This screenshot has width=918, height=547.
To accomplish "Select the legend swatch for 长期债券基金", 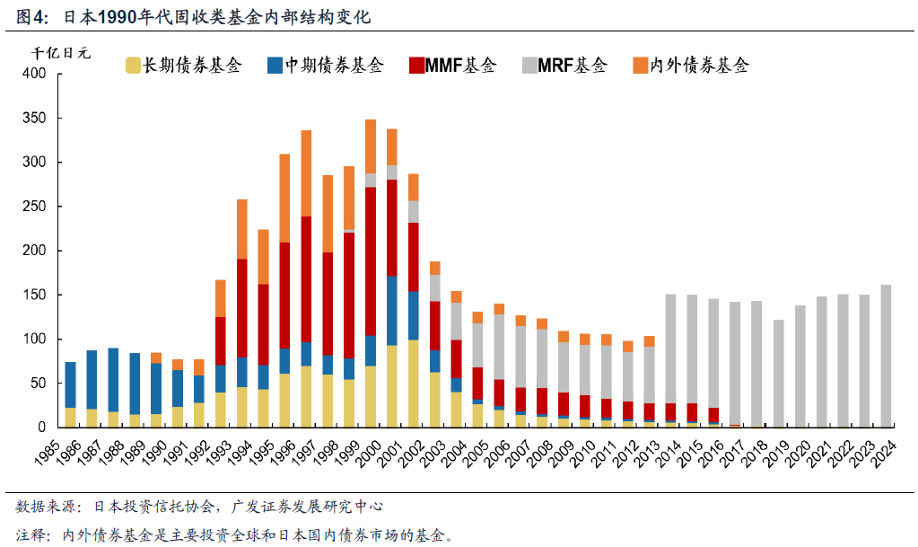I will [133, 65].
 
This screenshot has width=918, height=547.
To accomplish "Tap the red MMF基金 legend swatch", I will [416, 65].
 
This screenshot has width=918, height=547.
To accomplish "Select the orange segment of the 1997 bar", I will [306, 173].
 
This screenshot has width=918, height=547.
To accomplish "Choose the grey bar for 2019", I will [778, 373].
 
